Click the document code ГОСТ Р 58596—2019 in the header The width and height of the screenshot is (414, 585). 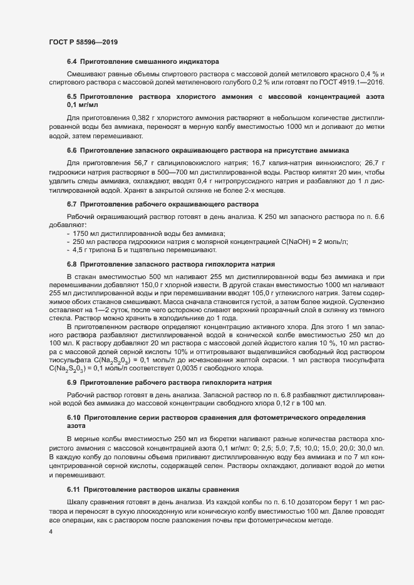pos(83,42)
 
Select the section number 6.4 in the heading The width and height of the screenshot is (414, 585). pos(71,63)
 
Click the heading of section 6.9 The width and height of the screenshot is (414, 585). pos(180,382)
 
